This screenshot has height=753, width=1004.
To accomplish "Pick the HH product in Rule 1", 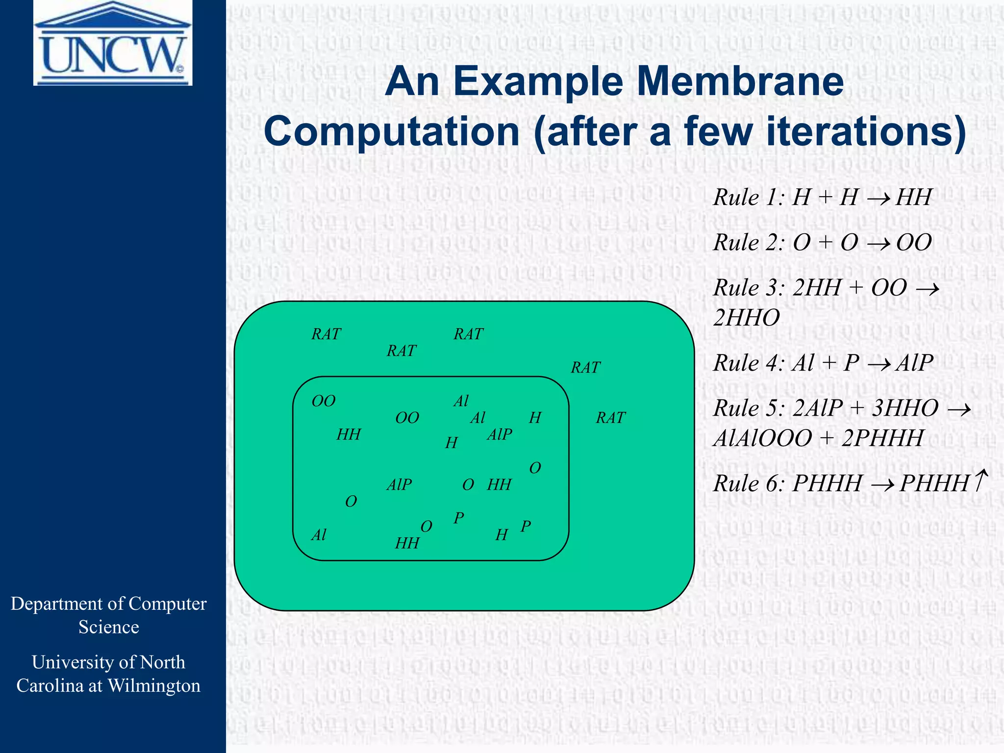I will (913, 198).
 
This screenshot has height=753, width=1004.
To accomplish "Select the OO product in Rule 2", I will (914, 243).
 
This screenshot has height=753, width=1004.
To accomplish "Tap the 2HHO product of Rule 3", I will (746, 318).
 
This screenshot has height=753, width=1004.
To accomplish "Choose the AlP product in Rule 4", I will (914, 363).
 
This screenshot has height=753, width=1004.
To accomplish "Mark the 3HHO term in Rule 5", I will (905, 408).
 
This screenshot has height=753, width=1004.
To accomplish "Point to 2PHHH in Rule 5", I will (882, 438).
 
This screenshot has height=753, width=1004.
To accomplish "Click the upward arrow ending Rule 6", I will (980, 480).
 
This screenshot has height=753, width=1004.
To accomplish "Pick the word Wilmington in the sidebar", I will (154, 686).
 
